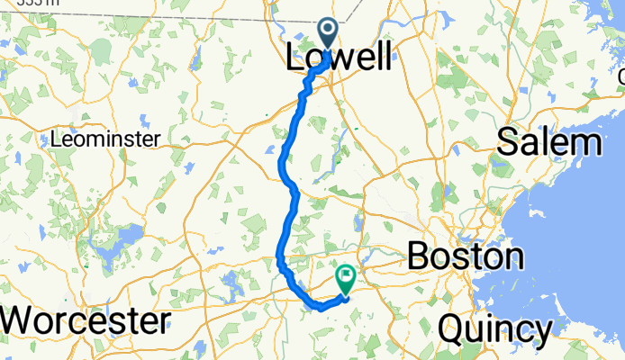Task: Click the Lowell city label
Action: [x=339, y=59]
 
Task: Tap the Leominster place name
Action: [x=105, y=139]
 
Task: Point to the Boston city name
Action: [x=465, y=256]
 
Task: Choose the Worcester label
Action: [x=86, y=321]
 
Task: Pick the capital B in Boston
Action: [x=420, y=256]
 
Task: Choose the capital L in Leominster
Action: [x=57, y=139]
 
